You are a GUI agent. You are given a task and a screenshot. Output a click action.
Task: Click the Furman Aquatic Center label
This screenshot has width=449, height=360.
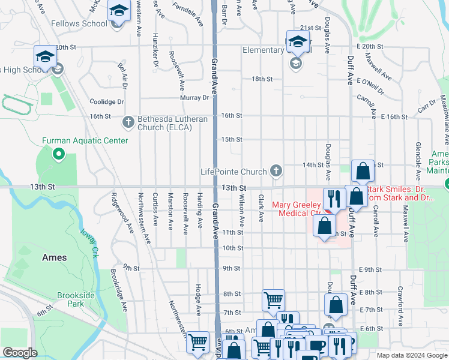click(x=85, y=140)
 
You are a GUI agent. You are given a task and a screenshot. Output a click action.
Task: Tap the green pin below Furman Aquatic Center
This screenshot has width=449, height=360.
click(x=58, y=155)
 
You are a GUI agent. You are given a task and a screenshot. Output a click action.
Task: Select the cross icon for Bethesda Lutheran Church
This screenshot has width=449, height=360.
click(x=128, y=122)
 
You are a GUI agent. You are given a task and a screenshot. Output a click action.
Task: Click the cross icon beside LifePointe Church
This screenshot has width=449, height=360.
click(x=276, y=172)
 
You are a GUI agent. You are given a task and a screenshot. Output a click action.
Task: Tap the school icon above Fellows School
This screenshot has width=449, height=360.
click(x=119, y=11)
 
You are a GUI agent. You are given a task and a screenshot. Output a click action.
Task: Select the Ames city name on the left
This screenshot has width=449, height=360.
click(x=54, y=257)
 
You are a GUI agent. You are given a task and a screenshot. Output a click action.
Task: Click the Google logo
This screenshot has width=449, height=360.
click(x=20, y=353)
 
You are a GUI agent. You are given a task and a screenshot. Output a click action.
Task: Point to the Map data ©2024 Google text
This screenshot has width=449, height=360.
click(x=411, y=355)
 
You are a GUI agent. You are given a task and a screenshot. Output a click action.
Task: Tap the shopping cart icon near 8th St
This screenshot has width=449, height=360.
click(x=273, y=299)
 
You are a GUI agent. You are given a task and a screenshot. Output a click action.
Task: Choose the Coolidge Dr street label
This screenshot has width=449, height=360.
click(x=106, y=102)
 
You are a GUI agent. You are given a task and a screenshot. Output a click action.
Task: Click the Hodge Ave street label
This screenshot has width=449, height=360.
click(x=197, y=300)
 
